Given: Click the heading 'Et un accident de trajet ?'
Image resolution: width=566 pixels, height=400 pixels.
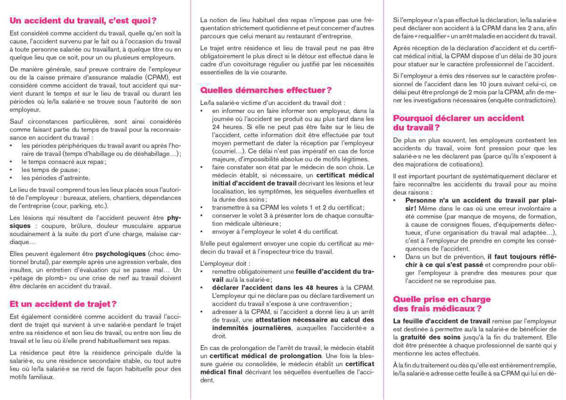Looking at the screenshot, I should click(x=63, y=304).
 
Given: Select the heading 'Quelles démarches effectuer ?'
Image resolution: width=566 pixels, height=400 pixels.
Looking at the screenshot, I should click(x=266, y=90).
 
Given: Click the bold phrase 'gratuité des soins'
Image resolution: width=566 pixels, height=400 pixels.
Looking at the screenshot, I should click(x=421, y=337).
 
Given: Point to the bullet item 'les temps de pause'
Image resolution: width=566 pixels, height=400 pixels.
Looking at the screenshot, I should click(x=50, y=170).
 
